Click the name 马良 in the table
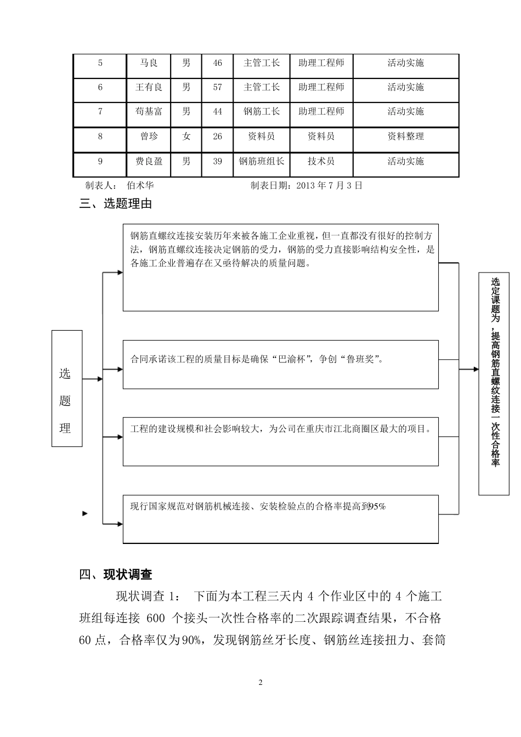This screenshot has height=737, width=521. tap(149, 63)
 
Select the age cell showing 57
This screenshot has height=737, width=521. tap(217, 87)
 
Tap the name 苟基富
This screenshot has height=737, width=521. tap(149, 111)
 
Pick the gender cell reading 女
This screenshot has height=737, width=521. tap(186, 136)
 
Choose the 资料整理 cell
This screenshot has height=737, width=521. tap(405, 136)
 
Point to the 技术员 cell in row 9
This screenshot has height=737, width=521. tap(321, 161)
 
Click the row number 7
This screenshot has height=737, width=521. tap(100, 111)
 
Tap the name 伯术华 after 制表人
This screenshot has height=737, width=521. tap(140, 185)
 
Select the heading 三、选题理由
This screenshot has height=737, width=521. tap(116, 204)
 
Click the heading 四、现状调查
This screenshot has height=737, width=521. tap(116, 575)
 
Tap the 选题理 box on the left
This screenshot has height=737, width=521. tap(67, 388)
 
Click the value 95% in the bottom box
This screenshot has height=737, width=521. tap(378, 507)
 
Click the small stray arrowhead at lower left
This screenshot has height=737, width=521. tap(85, 514)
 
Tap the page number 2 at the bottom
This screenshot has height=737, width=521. tap(260, 683)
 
